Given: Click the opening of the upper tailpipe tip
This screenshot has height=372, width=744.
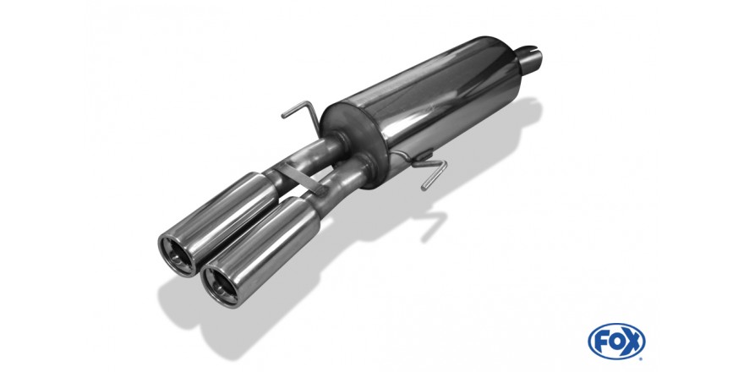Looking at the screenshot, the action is (177, 254).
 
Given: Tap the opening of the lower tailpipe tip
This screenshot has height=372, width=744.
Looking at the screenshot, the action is (219, 283).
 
